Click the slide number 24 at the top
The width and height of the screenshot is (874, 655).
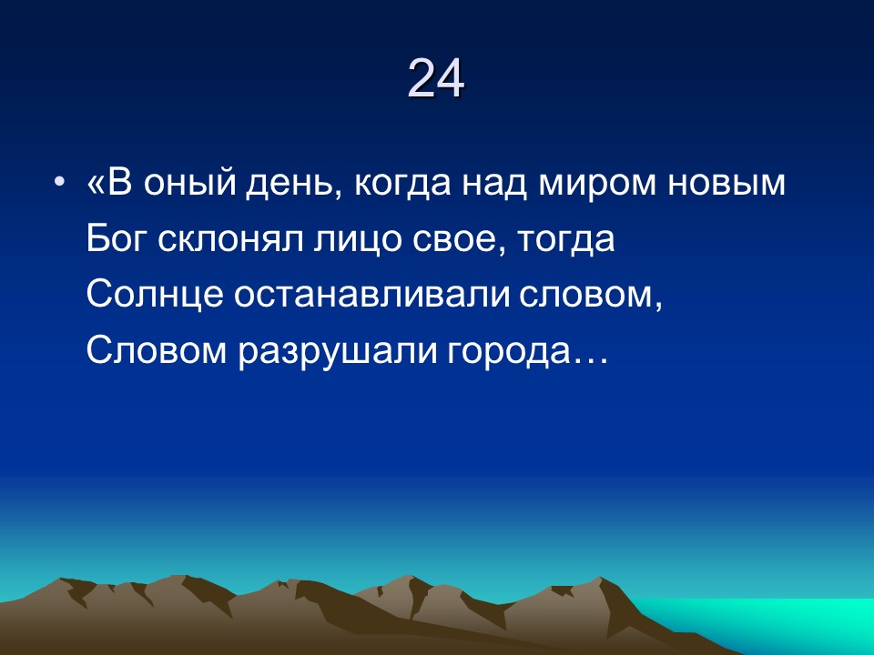(x=436, y=78)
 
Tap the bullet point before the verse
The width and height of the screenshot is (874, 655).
(x=60, y=182)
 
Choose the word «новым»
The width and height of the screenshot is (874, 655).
(x=727, y=184)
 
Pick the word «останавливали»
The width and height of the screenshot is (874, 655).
(x=371, y=295)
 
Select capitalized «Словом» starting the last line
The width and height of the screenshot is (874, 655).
(x=158, y=349)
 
